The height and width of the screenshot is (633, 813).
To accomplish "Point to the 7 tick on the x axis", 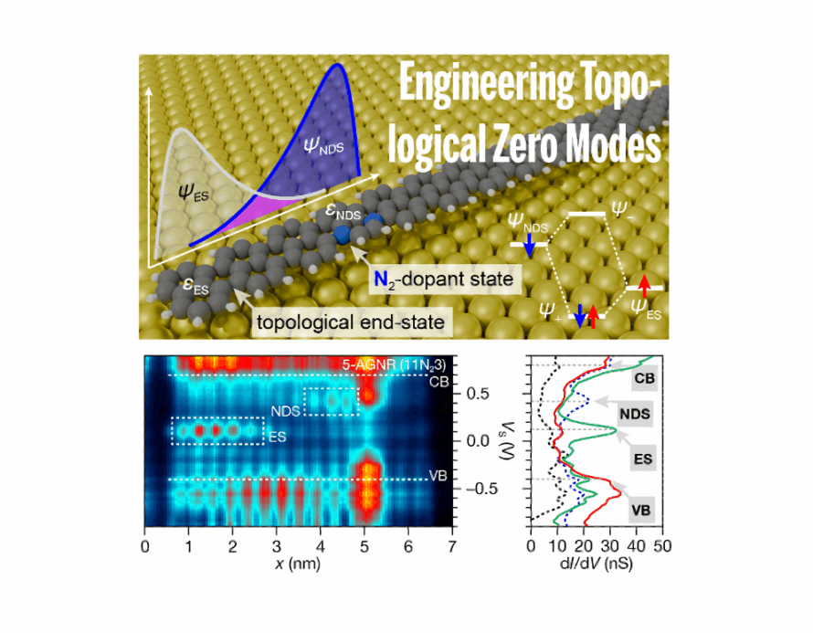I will pos(451,545).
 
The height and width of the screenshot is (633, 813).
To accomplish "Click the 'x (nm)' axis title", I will pos(297,564).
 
